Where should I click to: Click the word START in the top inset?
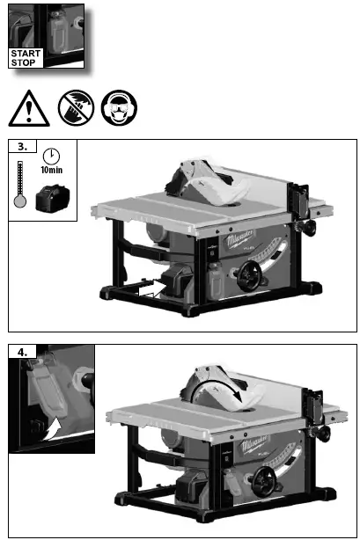(x=26, y=53)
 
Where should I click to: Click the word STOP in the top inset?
(x=24, y=62)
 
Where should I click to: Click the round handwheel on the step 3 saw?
(x=246, y=281)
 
